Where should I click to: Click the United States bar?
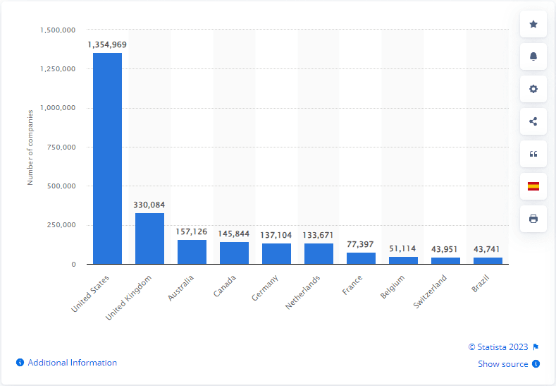pos(107,158)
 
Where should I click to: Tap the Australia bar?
pos(192,252)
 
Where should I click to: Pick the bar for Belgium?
pos(403,260)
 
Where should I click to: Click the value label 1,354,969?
pos(107,44)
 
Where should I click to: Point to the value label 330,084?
pos(149,205)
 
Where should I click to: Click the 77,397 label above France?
pos(361,244)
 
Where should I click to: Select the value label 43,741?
pos(488,249)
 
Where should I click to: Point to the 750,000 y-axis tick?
pos(61,147)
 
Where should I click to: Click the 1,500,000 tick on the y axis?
pos(57,30)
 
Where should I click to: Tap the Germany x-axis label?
pos(266,287)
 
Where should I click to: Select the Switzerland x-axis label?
pos(432,293)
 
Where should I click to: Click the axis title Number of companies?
pos(30,147)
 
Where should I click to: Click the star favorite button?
pos(533,25)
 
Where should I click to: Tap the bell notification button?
pos(533,56)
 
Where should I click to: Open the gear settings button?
pos(533,89)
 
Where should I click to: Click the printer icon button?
pos(533,219)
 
